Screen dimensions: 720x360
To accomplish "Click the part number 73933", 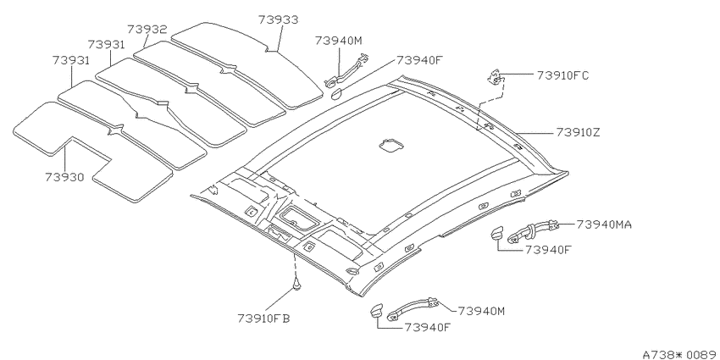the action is (278, 19).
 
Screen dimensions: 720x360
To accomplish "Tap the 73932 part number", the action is (147, 30).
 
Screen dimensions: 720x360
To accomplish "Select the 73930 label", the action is (64, 177).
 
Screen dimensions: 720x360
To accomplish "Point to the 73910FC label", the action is (562, 75).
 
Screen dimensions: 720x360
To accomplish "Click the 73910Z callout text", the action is (578, 132).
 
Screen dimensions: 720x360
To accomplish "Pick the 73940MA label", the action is (604, 224).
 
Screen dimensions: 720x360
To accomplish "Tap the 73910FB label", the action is (263, 318).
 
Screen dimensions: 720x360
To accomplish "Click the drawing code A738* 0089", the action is (680, 354).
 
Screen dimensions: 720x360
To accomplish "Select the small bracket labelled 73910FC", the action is (496, 77).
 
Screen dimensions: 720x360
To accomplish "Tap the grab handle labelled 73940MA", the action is (533, 230).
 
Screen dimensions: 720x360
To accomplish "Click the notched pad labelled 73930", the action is (91, 152).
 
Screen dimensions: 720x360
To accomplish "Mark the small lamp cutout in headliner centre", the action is (391, 146).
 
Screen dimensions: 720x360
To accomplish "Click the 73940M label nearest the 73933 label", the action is (339, 41).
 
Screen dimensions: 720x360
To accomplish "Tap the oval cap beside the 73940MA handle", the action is (497, 232).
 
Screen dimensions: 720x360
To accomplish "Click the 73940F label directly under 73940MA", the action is (548, 249).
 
